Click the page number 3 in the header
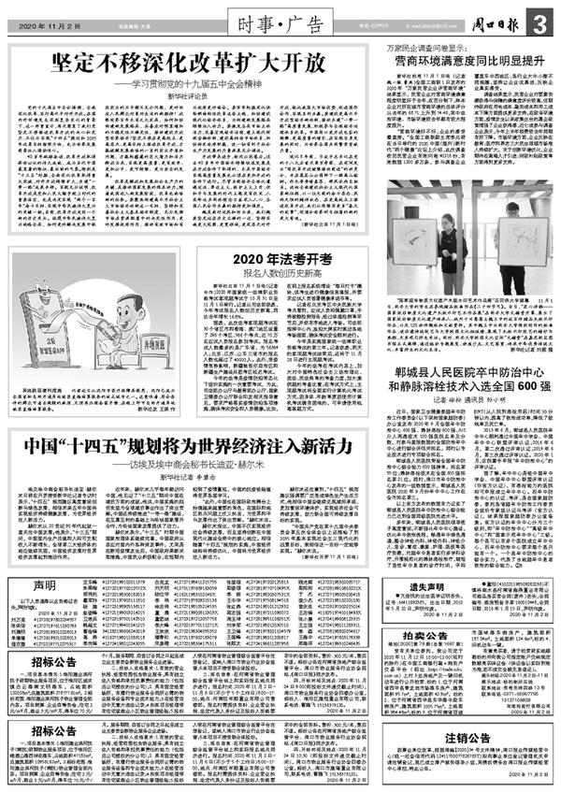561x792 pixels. (541, 20)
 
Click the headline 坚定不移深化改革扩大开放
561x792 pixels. (187, 63)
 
